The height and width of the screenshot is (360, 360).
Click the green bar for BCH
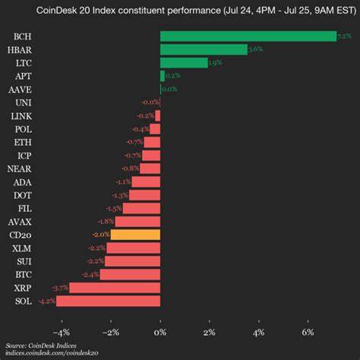(248, 36)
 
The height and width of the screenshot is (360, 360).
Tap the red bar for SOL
(108, 301)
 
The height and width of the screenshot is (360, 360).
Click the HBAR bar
(204, 49)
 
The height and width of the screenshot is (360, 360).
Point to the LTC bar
(183, 63)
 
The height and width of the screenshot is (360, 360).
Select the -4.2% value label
(46, 301)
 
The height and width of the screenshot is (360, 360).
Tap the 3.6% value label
(255, 49)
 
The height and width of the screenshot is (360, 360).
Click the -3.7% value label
(59, 288)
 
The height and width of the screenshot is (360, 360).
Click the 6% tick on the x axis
(308, 332)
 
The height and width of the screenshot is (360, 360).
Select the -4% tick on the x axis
(61, 332)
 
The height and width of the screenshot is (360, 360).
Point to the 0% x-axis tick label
(160, 332)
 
